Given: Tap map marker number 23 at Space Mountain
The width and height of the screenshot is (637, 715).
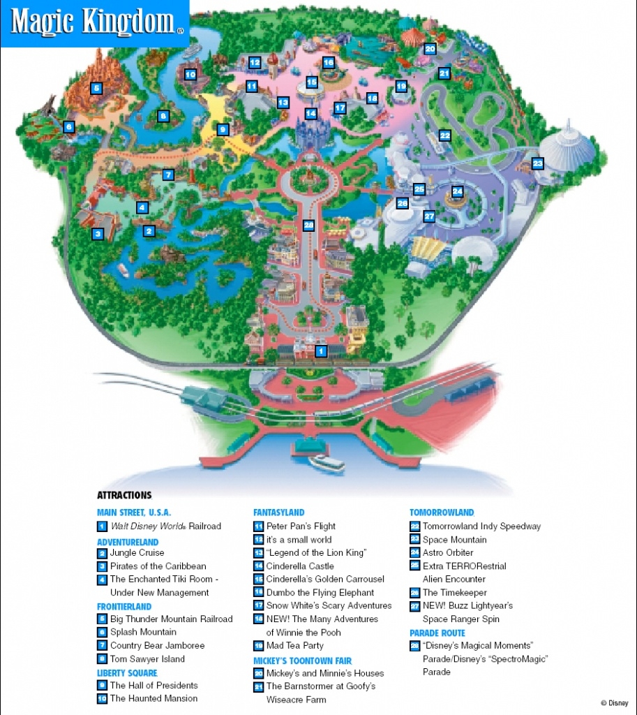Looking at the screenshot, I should coord(537,163).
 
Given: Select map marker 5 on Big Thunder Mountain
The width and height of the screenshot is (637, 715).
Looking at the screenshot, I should coord(96,89).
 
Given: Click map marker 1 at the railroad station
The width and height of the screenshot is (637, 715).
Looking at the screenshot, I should coord(321,351).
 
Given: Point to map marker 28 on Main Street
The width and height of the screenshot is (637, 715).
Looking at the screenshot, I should coord(309,225).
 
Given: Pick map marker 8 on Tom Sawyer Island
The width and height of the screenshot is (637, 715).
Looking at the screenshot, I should coord(163,117).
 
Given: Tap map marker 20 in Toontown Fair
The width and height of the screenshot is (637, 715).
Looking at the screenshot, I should coord(430,49).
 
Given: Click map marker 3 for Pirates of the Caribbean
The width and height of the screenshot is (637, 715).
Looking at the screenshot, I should coord(98,235).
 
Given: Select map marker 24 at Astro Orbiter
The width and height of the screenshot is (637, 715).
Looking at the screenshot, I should coord(457,191).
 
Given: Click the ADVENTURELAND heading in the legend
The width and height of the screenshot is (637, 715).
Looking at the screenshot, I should coord(128,542).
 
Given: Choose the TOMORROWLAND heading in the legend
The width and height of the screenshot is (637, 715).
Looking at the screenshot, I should coord(442,513).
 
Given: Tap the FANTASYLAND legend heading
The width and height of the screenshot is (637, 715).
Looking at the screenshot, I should coord(278,513).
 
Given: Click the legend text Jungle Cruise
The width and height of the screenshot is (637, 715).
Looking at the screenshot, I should coord(137,552).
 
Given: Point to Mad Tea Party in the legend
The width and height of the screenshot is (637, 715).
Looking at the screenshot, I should coord(294,646).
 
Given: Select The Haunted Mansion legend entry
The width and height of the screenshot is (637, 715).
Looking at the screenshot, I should coord(153,698).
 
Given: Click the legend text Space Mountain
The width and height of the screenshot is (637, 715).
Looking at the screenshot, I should coord(454,540).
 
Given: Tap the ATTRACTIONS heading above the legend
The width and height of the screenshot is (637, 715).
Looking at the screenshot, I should coord(124,495).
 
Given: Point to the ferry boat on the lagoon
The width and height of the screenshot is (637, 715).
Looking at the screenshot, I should coord(327,462).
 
